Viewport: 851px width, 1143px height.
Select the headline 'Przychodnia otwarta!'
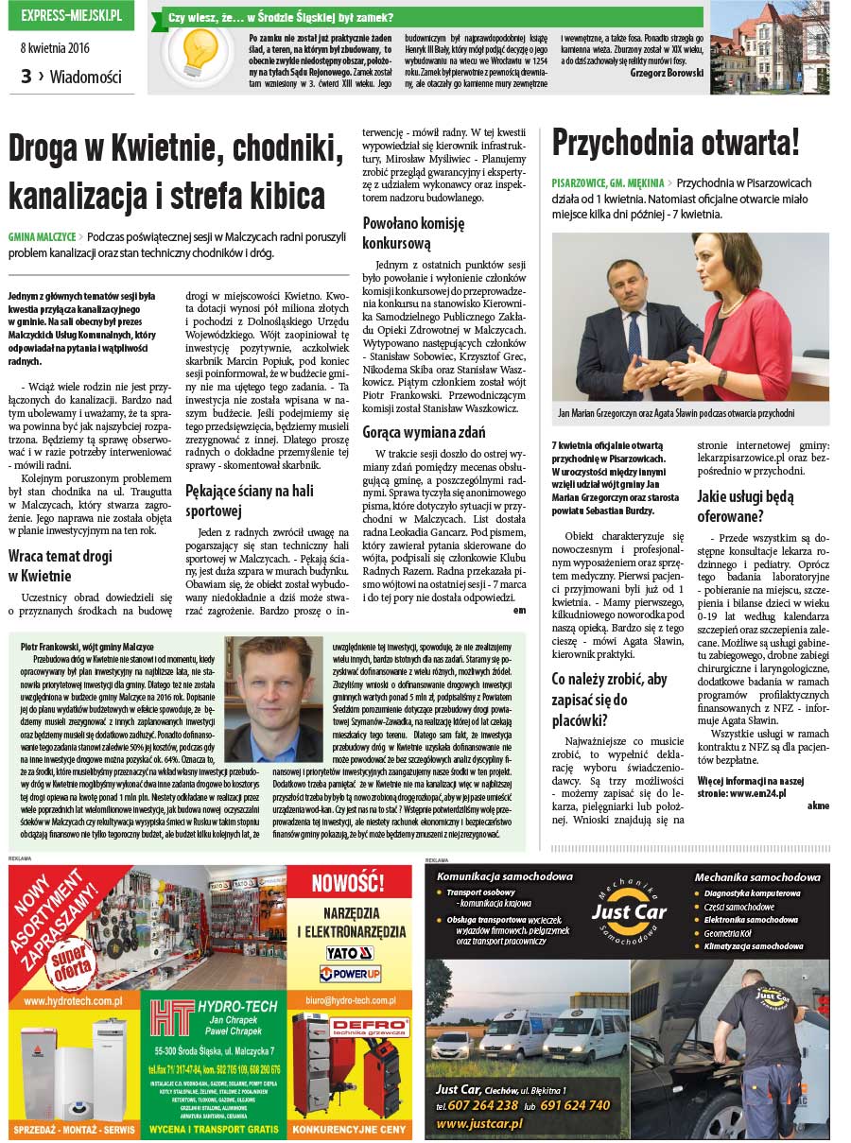pos(676,143)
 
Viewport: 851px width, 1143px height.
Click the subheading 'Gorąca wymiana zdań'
pos(424,432)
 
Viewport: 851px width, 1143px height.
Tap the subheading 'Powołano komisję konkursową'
pos(414,233)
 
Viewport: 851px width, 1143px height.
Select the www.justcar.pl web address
pos(478,1123)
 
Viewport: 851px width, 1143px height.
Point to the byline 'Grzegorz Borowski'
pos(667,72)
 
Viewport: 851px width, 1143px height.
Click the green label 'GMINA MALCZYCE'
pos(41,235)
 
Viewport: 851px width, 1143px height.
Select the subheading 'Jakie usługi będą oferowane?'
pos(745,506)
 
